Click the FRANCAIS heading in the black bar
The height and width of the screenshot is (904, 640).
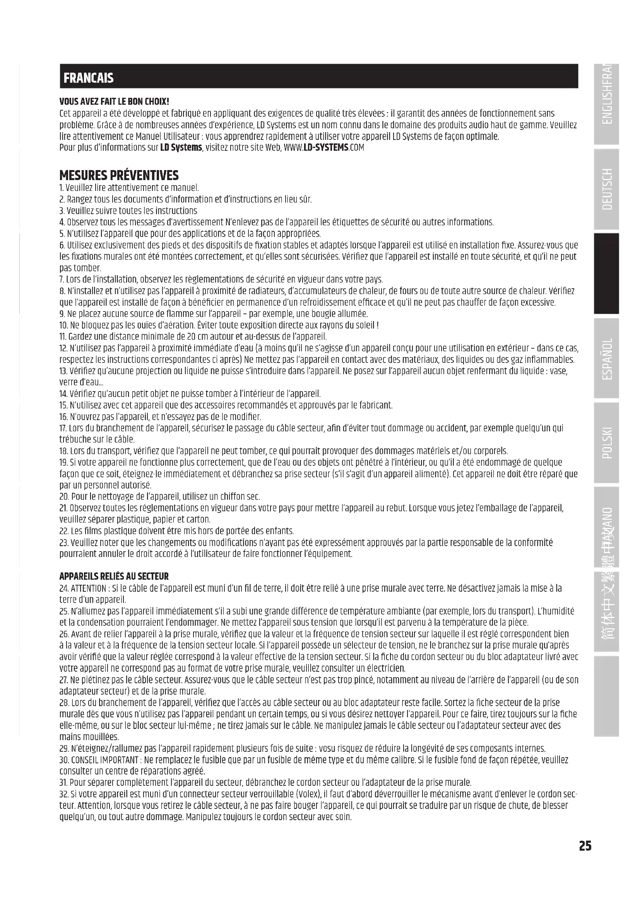(88, 78)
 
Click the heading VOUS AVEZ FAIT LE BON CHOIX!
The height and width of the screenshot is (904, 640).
(114, 102)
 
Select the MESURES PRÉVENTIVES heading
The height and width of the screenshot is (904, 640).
(119, 175)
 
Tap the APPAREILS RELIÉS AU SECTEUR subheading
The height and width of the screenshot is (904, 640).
(113, 576)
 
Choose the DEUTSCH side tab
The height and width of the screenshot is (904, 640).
(607, 189)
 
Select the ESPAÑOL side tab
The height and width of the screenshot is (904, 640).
(607, 358)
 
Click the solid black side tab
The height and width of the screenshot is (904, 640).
(607, 273)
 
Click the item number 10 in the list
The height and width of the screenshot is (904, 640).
(63, 325)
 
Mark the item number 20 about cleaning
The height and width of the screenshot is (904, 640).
(64, 497)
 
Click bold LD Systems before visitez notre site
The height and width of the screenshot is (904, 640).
(181, 148)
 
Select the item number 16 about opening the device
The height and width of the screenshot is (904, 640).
(63, 417)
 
